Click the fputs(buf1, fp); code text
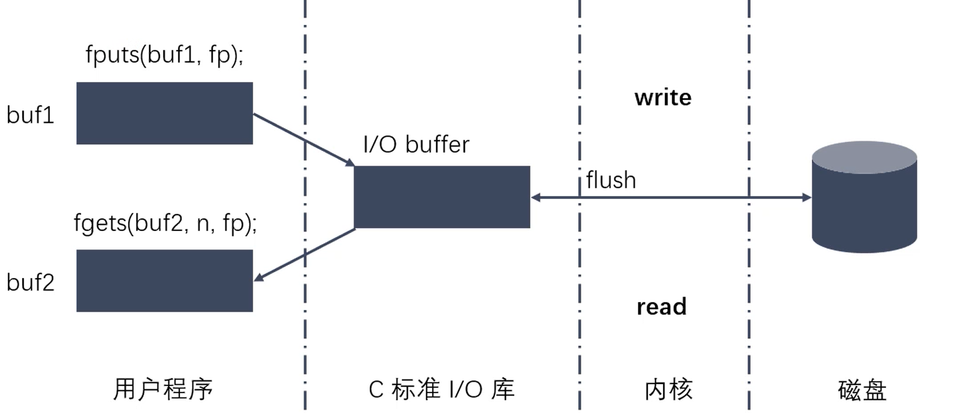[x=165, y=55]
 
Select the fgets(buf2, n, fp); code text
[x=165, y=223]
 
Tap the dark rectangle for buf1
[x=165, y=113]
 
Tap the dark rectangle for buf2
[x=165, y=280]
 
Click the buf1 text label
[x=30, y=115]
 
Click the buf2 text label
[x=30, y=283]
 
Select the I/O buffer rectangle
[x=442, y=197]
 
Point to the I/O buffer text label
[x=416, y=144]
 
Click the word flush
[x=611, y=180]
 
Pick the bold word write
[x=663, y=97]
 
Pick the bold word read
[x=661, y=306]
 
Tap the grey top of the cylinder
[x=864, y=156]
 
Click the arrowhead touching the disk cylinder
[x=806, y=197]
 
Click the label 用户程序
[x=163, y=390]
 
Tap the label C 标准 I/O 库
[x=441, y=390]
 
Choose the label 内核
[x=669, y=390]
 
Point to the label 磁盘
[x=862, y=390]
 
